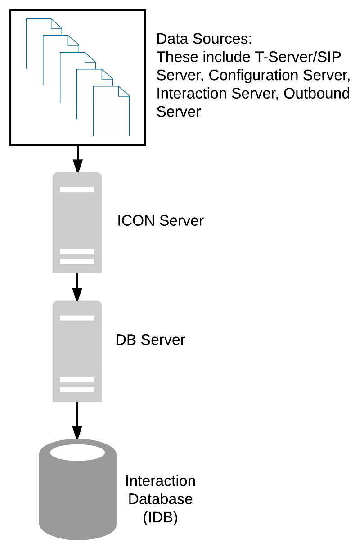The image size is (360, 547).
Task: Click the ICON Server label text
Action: pos(160,221)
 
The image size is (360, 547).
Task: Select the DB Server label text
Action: pos(150,340)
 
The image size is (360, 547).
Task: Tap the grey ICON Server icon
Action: pos(77,223)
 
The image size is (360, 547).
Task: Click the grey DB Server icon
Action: pos(77,351)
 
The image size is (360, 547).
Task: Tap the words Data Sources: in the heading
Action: pos(204,39)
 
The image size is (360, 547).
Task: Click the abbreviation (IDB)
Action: pos(161,517)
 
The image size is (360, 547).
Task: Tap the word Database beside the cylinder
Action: pos(161,499)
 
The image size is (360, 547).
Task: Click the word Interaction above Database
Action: pos(161,481)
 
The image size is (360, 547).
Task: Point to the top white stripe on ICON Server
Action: pos(77,189)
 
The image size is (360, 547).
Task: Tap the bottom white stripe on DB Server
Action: pos(77,390)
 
